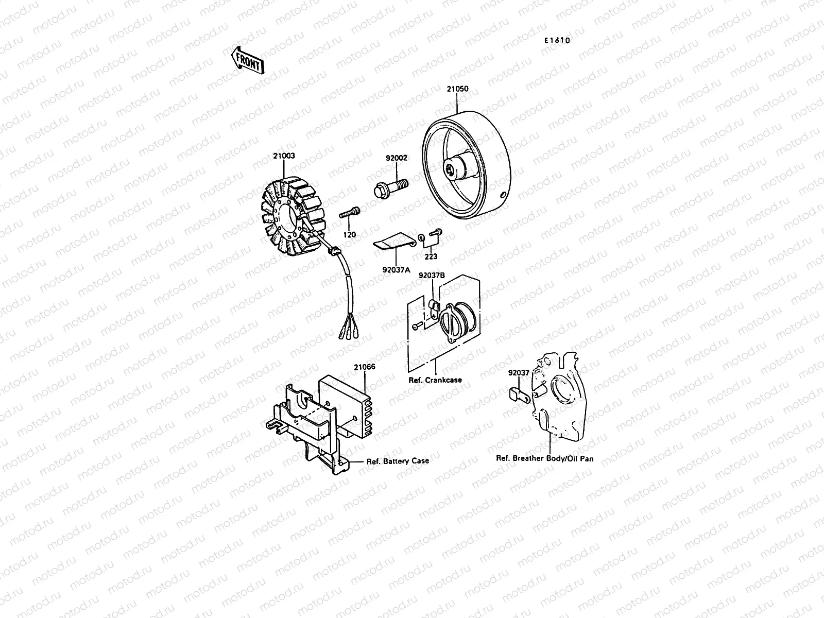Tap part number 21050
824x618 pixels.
457,89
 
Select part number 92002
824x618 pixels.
396,158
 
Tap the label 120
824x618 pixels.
350,235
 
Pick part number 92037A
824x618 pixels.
396,269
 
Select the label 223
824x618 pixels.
431,256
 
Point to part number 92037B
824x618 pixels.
431,276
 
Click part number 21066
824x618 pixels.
364,367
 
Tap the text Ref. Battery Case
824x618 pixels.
397,461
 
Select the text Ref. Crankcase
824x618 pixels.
435,380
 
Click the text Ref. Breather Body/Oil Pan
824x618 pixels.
544,458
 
